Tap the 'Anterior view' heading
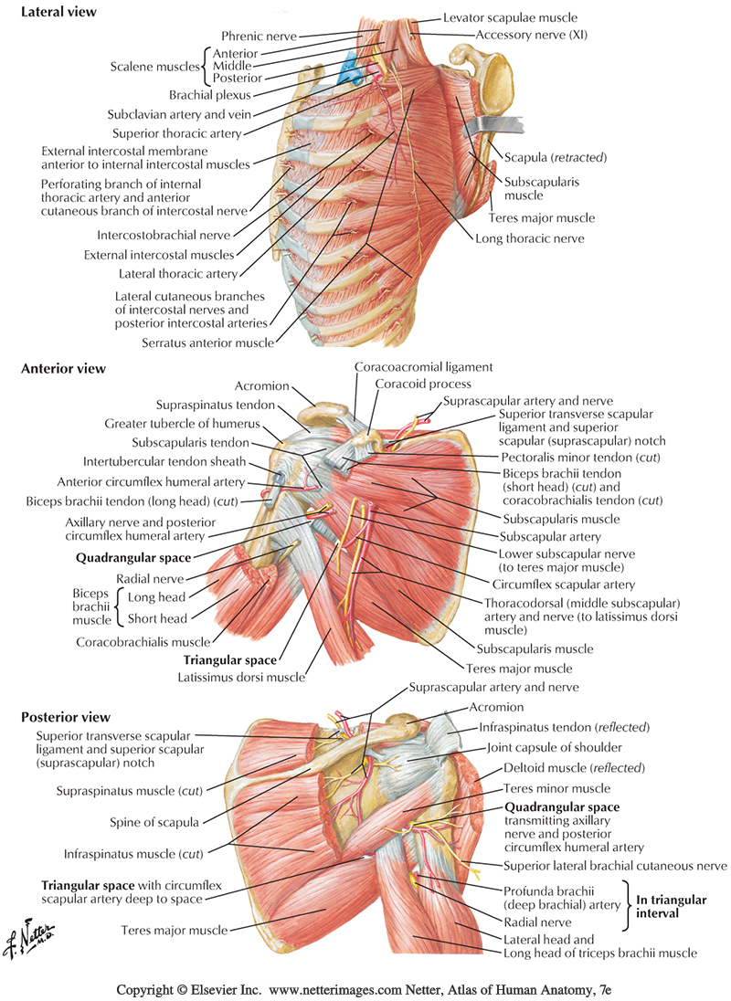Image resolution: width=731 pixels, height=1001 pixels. [63, 369]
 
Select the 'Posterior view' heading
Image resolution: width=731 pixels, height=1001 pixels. [65, 717]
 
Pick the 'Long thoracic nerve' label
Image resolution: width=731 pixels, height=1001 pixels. [530, 238]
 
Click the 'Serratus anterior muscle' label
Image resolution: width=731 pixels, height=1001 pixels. [207, 343]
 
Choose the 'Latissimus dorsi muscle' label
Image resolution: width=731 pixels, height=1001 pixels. [245, 677]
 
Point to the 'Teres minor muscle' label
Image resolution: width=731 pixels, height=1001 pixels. [556, 788]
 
